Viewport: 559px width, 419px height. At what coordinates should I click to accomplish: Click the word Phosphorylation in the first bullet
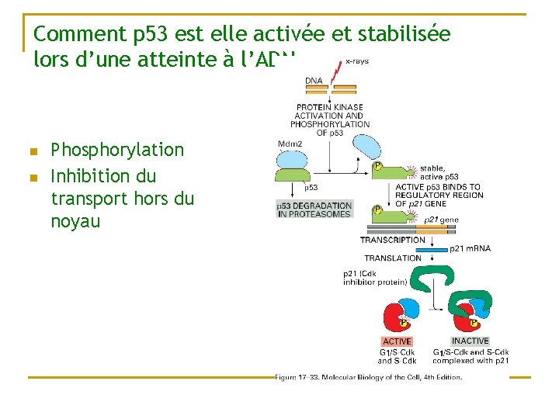[x=117, y=150]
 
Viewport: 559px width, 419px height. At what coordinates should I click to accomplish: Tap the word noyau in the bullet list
[x=75, y=222]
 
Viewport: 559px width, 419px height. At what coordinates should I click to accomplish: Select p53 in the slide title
[x=155, y=34]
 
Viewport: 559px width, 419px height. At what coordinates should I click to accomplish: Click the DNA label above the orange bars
[x=314, y=80]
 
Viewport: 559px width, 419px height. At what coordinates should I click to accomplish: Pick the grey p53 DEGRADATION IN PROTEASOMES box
[x=314, y=209]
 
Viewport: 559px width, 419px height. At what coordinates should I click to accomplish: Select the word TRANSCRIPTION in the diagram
[x=392, y=240]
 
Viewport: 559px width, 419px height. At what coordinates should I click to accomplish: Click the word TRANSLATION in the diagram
[x=393, y=258]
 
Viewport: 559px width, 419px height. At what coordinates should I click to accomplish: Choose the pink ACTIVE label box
[x=398, y=341]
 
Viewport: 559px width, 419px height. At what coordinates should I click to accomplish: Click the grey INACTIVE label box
[x=470, y=341]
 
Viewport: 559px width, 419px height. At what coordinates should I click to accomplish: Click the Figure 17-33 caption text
[x=368, y=378]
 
